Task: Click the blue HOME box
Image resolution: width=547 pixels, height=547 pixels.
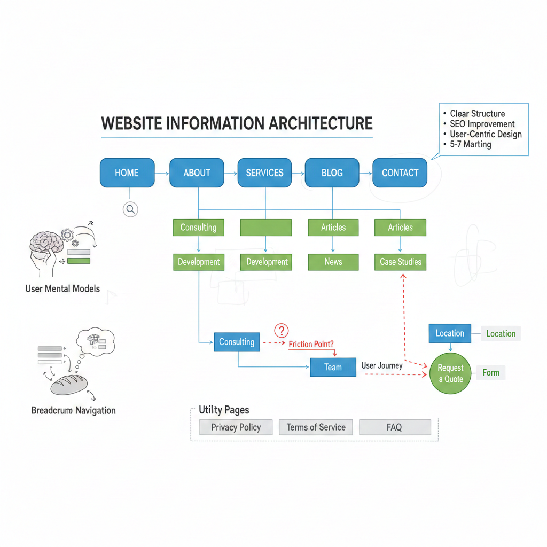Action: tap(127, 173)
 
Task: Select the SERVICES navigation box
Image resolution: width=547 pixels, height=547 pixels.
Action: tap(264, 173)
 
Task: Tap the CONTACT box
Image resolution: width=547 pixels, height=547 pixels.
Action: tap(400, 173)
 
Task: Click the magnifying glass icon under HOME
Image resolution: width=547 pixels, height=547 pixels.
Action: tap(130, 209)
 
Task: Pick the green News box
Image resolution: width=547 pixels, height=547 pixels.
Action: tap(333, 262)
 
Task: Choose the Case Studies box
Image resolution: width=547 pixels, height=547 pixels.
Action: tap(400, 262)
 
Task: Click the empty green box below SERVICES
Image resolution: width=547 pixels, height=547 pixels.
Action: tap(266, 228)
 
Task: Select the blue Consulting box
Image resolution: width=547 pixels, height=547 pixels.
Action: tap(237, 342)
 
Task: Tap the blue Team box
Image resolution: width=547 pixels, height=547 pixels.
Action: tap(333, 367)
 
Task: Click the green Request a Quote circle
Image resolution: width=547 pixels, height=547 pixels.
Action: tap(450, 373)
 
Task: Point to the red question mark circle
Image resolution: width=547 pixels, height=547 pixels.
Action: tap(281, 330)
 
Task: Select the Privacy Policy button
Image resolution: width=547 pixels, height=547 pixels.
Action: tap(236, 427)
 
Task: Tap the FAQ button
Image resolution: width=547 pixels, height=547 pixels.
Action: tap(394, 427)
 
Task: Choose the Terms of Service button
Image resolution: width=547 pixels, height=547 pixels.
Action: tap(316, 427)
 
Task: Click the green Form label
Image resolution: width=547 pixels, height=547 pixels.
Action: tap(491, 373)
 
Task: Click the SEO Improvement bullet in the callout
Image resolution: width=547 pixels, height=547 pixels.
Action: tap(482, 124)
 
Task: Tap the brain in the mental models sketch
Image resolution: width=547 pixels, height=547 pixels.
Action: tap(45, 243)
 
